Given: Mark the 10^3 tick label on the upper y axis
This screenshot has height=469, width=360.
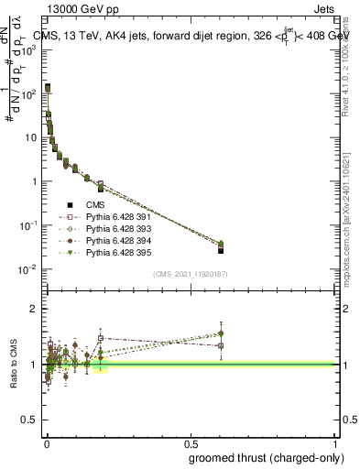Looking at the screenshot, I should tap(28, 49).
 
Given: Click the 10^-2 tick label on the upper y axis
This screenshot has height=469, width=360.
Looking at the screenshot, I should tap(28, 268).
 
